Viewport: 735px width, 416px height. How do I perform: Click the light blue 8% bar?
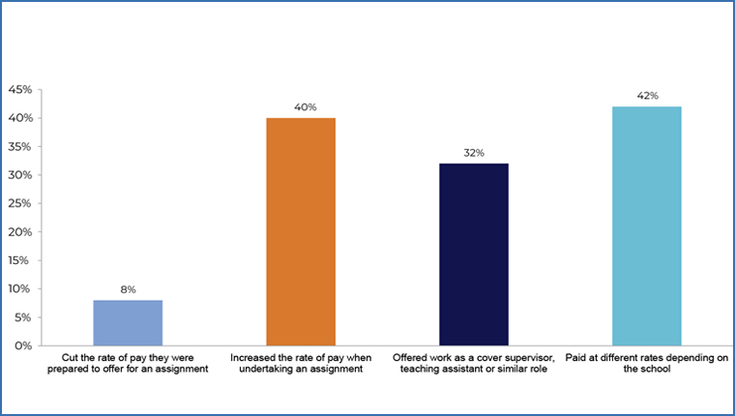[x=128, y=322]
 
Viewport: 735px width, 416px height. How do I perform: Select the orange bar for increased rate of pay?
[x=301, y=231]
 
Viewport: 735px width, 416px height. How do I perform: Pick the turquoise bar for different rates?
[x=647, y=225]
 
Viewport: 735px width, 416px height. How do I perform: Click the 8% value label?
[x=128, y=289]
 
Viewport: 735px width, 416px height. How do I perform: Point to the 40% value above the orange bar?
[x=301, y=107]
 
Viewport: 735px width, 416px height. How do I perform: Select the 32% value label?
[x=474, y=153]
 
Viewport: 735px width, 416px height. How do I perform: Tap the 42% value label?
[x=647, y=96]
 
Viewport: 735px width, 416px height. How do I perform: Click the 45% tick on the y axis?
[x=20, y=90]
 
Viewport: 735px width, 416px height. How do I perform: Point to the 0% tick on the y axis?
[x=23, y=345]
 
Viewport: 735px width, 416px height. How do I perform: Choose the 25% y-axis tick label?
[x=20, y=203]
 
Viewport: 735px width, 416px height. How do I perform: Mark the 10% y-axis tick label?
[x=20, y=288]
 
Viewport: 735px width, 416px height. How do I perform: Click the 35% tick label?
[x=20, y=147]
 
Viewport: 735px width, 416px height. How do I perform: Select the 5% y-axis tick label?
[x=23, y=317]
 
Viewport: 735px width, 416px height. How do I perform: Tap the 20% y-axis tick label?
[x=20, y=232]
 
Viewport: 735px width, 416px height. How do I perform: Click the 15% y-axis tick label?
[x=20, y=260]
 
